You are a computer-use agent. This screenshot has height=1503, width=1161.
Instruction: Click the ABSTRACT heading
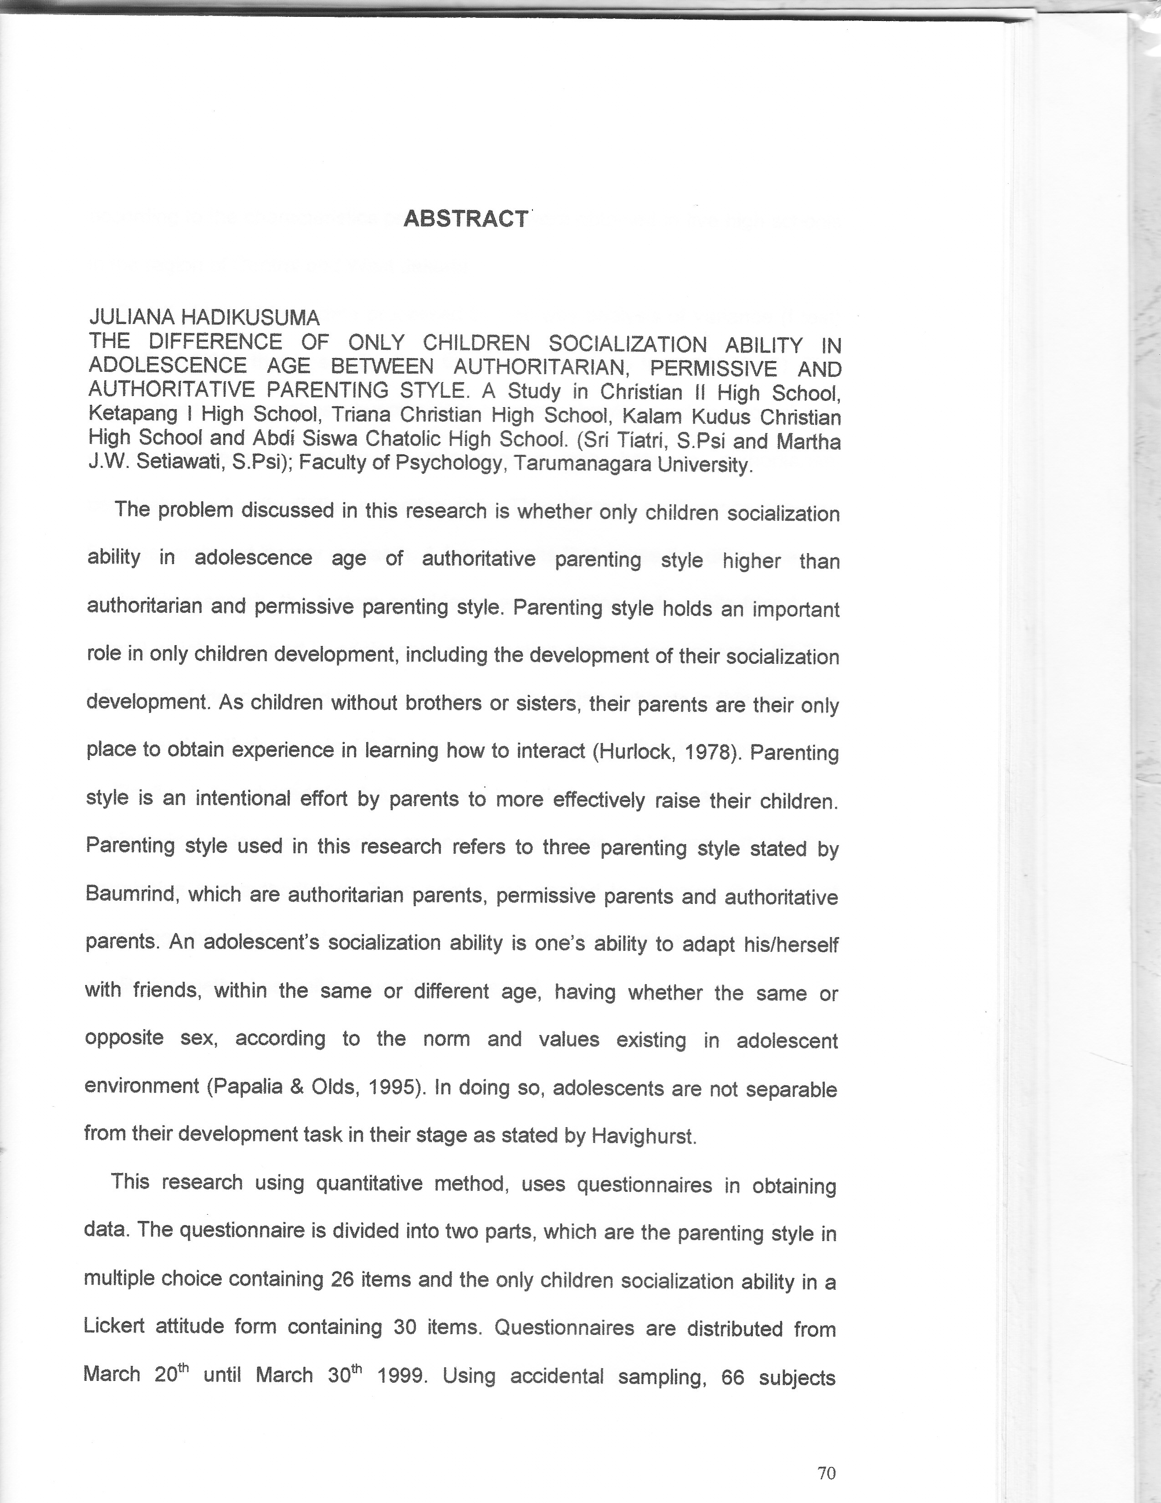point(466,219)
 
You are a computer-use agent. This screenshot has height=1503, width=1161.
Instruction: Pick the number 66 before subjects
point(733,1377)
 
